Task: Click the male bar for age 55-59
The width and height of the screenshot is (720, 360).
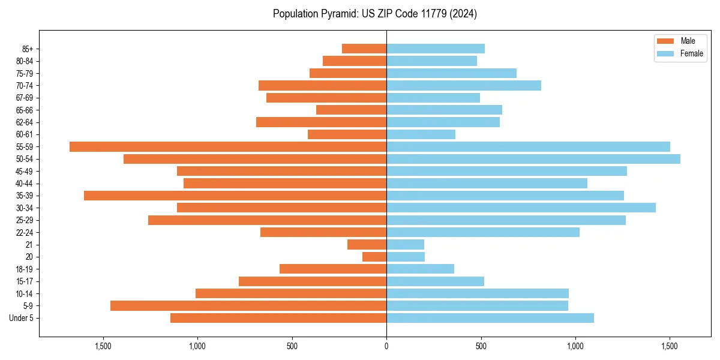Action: click(228, 146)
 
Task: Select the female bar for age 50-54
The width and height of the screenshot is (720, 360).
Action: click(533, 159)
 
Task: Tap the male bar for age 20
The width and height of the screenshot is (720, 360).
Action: click(374, 257)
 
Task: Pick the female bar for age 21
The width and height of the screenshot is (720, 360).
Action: click(405, 245)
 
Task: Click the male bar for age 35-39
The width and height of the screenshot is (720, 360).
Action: click(235, 196)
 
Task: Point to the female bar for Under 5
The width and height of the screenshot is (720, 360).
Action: click(490, 318)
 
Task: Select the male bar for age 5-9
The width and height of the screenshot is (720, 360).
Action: click(248, 306)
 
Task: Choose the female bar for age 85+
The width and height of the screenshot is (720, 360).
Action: click(436, 49)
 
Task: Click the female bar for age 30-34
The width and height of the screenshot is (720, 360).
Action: click(521, 208)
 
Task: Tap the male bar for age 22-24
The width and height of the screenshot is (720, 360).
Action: click(323, 232)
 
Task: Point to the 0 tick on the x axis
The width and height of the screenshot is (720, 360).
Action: click(386, 346)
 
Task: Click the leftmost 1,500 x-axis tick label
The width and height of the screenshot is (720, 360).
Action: click(103, 346)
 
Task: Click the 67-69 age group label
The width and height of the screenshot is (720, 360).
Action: click(25, 98)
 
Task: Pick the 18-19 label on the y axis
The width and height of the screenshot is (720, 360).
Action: click(25, 269)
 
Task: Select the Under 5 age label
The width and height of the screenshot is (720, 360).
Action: click(22, 318)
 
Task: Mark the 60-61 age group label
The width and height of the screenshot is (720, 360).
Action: click(25, 134)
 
